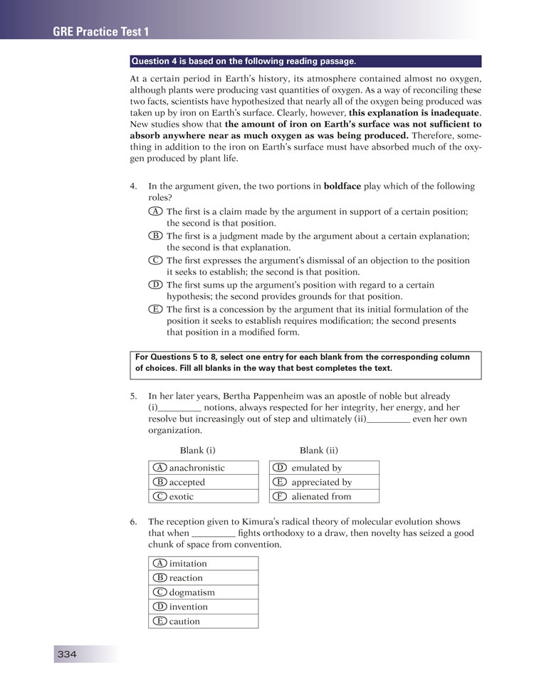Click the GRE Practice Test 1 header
pos(100,31)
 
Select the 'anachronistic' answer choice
pos(197,468)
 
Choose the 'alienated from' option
pos(321,496)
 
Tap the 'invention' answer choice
pos(188,607)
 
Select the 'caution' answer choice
pos(184,621)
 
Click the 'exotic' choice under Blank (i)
pos(181,496)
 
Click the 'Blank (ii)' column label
pos(319,450)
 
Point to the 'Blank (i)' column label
pos(198,450)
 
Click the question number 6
pos(134,522)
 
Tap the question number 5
pos(134,395)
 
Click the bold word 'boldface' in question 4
pos(346,186)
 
